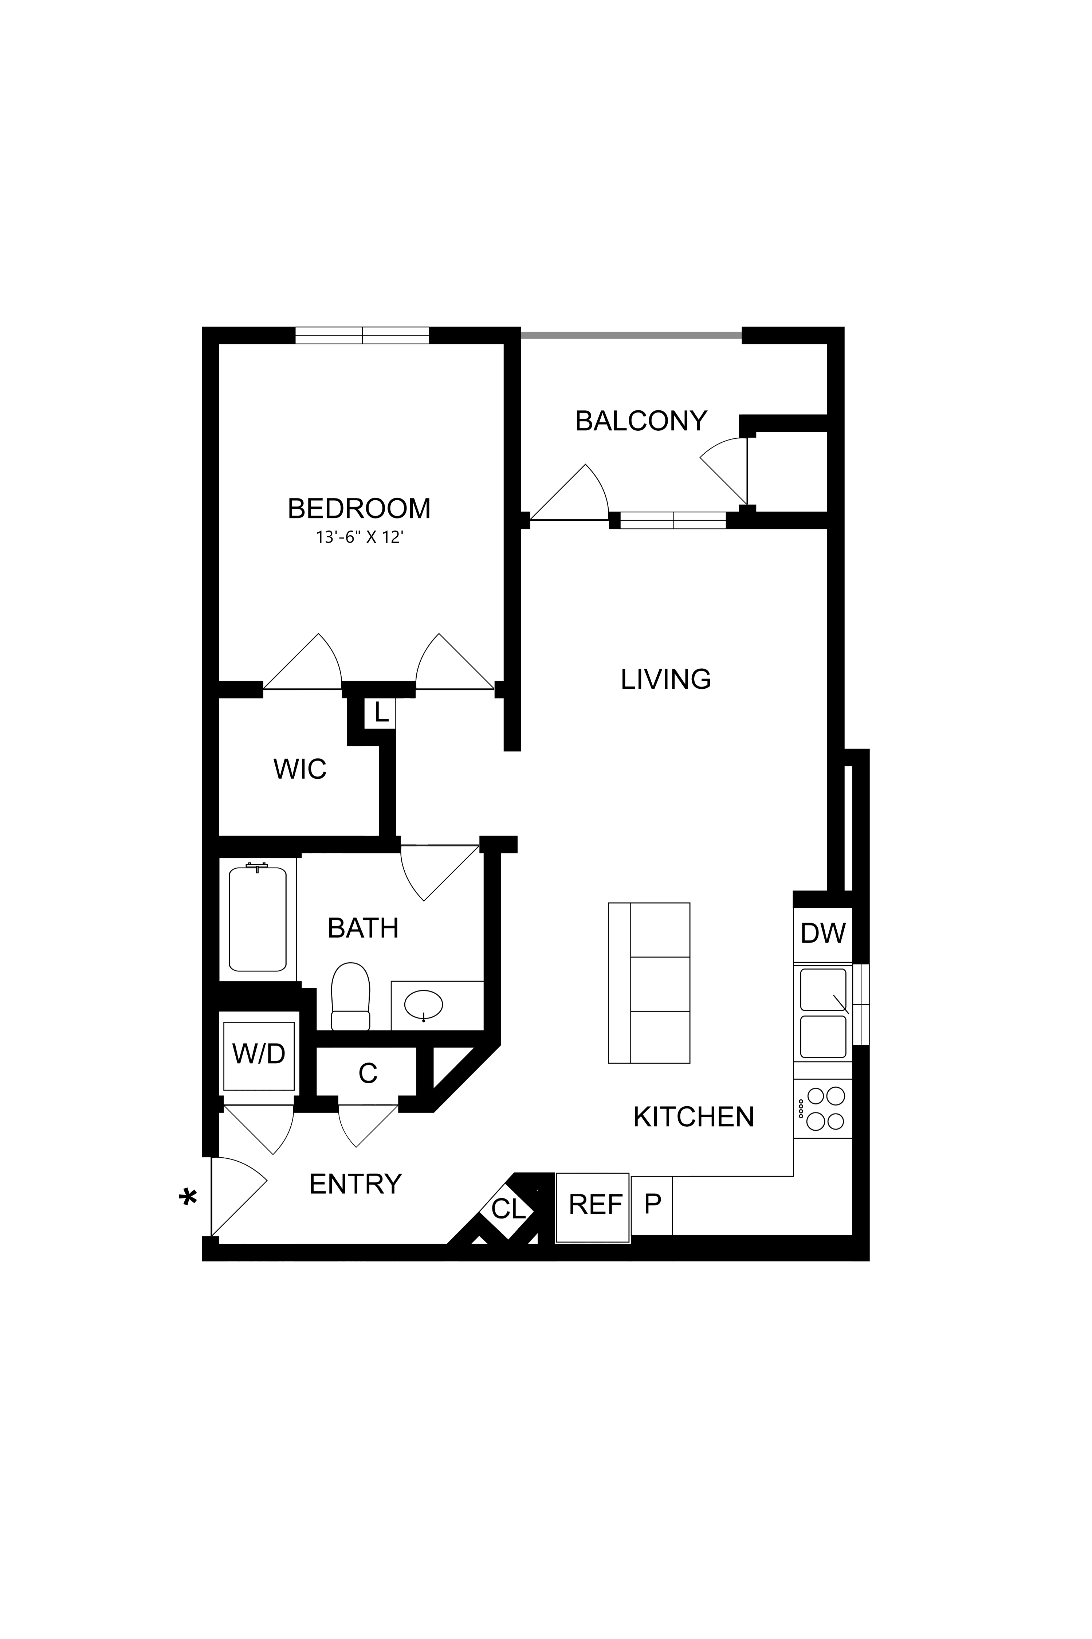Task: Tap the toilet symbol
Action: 350,997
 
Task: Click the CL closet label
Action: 508,1209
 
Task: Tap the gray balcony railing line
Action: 631,335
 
